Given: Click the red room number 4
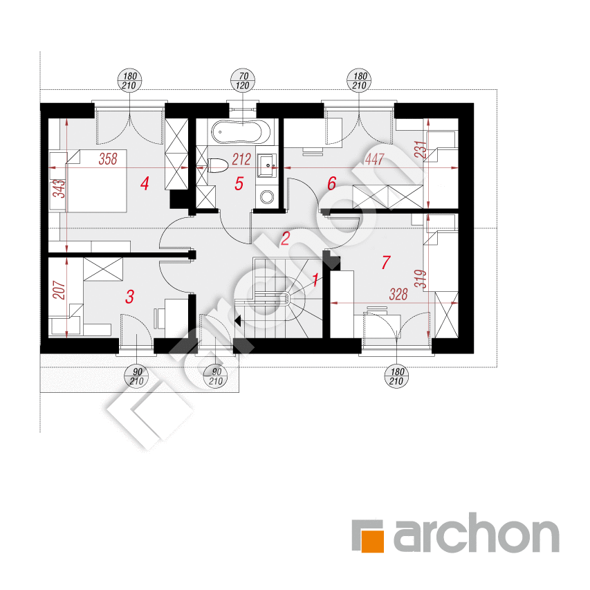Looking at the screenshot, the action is click(x=145, y=183).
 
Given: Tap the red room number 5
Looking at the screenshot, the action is click(x=239, y=183).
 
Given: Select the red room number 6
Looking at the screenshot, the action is click(x=331, y=183).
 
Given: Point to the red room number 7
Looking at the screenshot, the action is click(x=386, y=262).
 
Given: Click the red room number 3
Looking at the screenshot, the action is click(x=130, y=297).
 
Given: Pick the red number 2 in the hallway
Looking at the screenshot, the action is click(x=286, y=239).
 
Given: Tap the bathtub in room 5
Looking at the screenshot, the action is click(x=241, y=132).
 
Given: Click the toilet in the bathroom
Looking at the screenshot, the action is click(x=218, y=165).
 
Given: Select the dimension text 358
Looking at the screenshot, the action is click(x=108, y=159).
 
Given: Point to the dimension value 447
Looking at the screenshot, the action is click(x=374, y=159).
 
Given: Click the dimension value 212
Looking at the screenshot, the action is click(x=241, y=159).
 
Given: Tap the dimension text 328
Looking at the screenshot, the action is click(x=398, y=294).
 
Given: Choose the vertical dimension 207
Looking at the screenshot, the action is click(x=59, y=290).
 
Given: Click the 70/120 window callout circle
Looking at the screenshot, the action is click(x=243, y=81).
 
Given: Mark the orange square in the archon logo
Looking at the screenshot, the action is click(x=373, y=541).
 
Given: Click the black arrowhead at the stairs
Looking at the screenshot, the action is click(x=238, y=320).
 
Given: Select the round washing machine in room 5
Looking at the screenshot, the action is click(x=267, y=197).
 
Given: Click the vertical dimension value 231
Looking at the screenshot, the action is click(x=421, y=149).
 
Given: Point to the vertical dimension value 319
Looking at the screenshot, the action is click(x=421, y=279).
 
